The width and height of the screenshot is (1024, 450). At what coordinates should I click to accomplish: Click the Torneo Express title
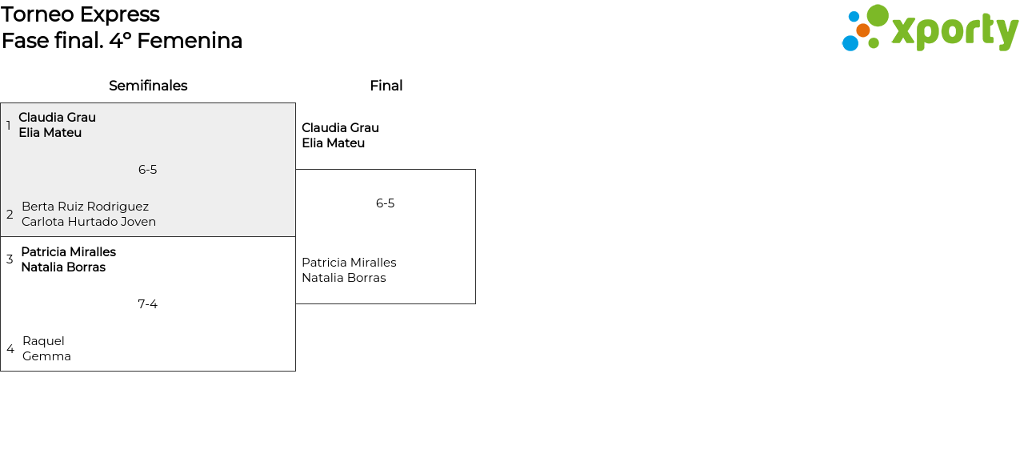(x=80, y=14)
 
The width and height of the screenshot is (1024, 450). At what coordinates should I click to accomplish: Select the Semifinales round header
(x=148, y=86)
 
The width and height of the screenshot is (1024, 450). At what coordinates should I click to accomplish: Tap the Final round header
(x=386, y=86)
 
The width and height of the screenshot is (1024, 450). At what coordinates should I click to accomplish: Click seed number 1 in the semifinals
(x=9, y=126)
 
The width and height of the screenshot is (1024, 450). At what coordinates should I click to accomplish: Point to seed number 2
(x=10, y=215)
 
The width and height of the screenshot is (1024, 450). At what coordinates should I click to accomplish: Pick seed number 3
(x=10, y=259)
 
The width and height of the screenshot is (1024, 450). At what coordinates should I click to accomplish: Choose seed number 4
(x=10, y=349)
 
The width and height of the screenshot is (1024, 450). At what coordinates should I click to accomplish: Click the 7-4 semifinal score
(x=147, y=304)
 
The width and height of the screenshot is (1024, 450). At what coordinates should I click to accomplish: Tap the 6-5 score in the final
(x=385, y=203)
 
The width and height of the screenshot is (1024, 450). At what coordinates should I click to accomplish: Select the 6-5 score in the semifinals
(x=147, y=170)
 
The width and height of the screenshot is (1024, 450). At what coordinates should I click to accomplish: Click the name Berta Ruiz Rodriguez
(x=85, y=207)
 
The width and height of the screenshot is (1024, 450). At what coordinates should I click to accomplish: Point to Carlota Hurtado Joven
(x=89, y=222)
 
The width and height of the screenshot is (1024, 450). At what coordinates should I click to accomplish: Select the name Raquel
(x=43, y=341)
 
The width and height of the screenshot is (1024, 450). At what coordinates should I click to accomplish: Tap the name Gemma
(x=46, y=356)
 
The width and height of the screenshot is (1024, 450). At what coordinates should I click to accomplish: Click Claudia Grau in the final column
(x=340, y=128)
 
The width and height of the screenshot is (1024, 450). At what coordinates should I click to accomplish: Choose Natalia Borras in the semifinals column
(x=63, y=267)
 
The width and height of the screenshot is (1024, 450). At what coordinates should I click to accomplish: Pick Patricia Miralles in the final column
(x=349, y=263)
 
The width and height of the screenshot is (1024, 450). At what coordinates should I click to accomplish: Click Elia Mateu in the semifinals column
(x=50, y=133)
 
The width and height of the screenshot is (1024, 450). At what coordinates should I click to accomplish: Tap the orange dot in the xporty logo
(x=862, y=30)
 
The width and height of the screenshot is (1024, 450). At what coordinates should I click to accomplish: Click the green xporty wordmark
(x=954, y=32)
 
